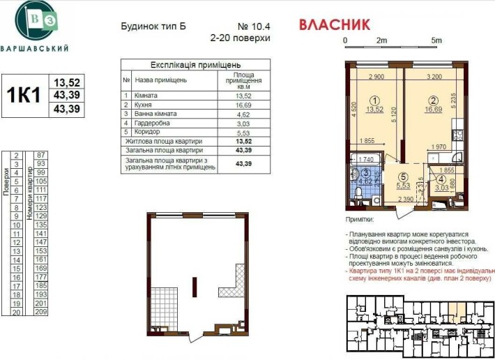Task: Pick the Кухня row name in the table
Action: pyautogui.click(x=145, y=104)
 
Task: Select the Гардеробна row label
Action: pyautogui.click(x=153, y=122)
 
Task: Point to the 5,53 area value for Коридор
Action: pyautogui.click(x=243, y=131)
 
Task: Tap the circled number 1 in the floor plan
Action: pyautogui.click(x=375, y=100)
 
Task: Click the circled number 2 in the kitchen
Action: pyautogui.click(x=433, y=100)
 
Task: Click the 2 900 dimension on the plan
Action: pyautogui.click(x=376, y=75)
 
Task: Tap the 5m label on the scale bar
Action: pyautogui.click(x=436, y=40)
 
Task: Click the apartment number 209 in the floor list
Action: pyautogui.click(x=41, y=313)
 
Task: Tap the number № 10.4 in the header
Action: pyautogui.click(x=254, y=26)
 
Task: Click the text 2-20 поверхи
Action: pyautogui.click(x=240, y=38)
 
